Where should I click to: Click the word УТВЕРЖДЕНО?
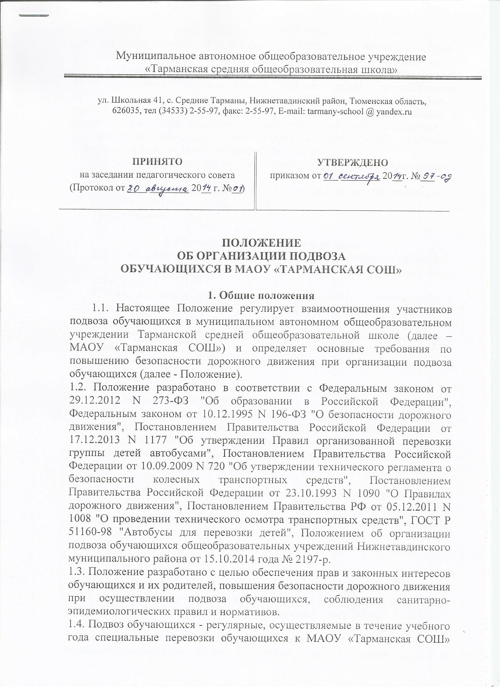[x=352, y=162]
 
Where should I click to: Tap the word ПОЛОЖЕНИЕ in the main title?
[x=262, y=243]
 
